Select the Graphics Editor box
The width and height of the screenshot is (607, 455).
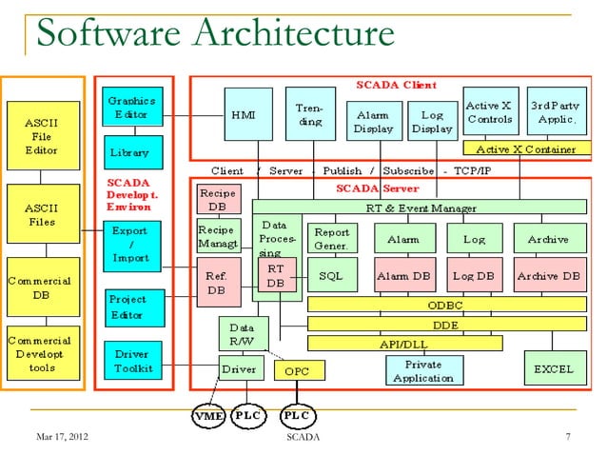tap(133, 108)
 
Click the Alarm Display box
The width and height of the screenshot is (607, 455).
tap(373, 122)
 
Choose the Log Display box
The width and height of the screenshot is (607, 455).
tap(431, 122)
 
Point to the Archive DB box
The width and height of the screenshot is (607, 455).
tap(549, 275)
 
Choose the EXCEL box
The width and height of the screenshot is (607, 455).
tap(552, 366)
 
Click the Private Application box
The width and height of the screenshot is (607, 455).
tap(422, 371)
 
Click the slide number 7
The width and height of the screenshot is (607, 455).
tap(567, 437)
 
